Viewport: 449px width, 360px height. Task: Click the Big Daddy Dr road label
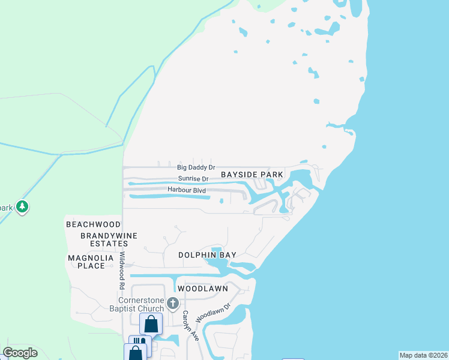(x=196, y=167)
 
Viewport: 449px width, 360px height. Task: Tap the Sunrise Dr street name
(x=193, y=179)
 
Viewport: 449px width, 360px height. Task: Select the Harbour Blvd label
(x=187, y=191)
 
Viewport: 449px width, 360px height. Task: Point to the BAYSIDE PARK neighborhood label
(x=252, y=175)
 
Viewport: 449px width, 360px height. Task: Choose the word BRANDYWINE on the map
(x=105, y=235)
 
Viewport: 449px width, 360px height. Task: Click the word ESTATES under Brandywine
(x=105, y=244)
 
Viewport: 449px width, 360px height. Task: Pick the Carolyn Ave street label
(x=187, y=325)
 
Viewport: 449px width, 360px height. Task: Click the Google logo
(x=20, y=353)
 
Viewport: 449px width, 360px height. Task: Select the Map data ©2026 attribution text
(x=423, y=355)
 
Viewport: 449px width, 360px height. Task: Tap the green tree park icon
(x=23, y=207)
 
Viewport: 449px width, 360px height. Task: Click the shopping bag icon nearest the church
(x=151, y=323)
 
